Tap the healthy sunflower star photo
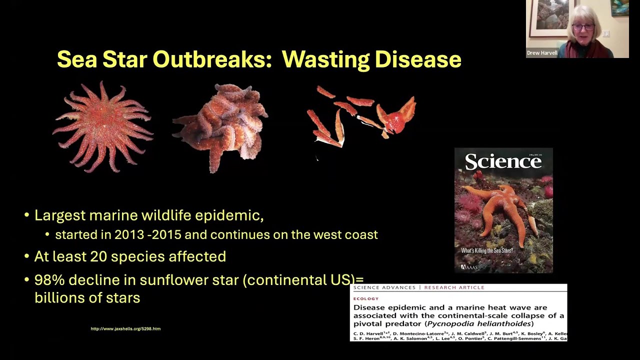click(x=103, y=127)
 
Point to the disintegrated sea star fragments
click(x=362, y=117)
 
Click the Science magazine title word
click(x=503, y=162)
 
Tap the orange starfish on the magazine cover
click(x=500, y=210)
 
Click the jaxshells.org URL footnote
click(x=125, y=328)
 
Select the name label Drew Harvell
click(x=542, y=52)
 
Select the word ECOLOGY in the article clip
click(x=366, y=298)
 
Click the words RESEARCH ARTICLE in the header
click(x=454, y=287)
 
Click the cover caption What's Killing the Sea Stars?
click(x=487, y=250)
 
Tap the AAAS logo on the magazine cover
click(x=469, y=267)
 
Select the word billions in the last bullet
click(x=55, y=298)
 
